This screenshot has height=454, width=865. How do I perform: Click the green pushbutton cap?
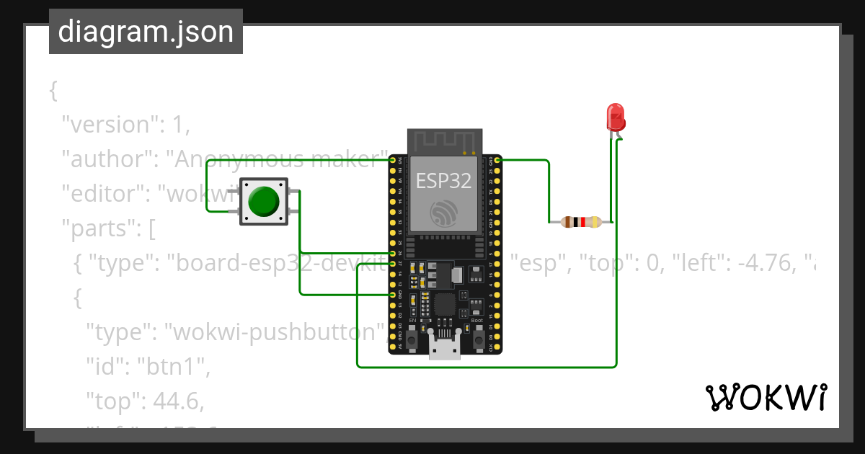pos(264,202)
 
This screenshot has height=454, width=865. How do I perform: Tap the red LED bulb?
pos(615,116)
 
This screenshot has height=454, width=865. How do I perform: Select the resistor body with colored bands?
pos(581,222)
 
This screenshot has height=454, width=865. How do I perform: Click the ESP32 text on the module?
pos(443,180)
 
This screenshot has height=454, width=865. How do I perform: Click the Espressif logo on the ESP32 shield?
pos(443,213)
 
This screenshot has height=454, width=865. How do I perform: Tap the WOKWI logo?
pos(766,398)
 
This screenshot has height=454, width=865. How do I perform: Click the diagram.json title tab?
pos(146,32)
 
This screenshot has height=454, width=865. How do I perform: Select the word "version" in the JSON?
pos(109,125)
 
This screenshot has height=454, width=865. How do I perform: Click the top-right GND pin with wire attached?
pos(497,159)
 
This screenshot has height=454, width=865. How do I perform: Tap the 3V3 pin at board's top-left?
pos(393,159)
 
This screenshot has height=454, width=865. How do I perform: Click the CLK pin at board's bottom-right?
pos(497,348)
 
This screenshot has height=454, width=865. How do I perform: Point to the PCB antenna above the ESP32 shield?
pos(443,141)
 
